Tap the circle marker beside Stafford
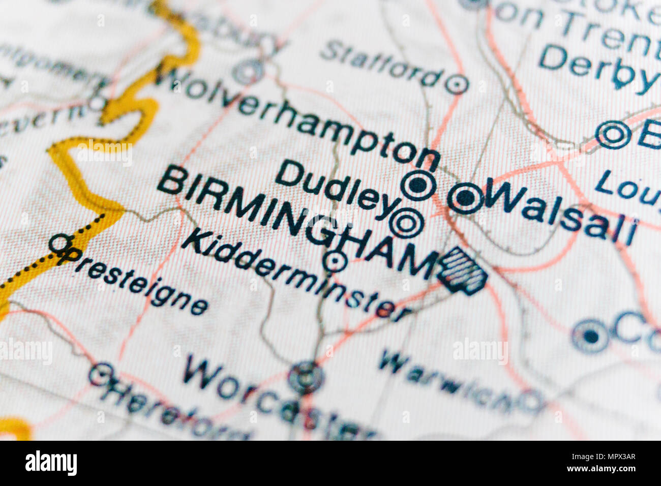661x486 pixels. click(x=457, y=84)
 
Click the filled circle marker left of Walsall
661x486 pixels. click(x=465, y=198)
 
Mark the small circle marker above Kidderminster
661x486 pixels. click(x=335, y=261)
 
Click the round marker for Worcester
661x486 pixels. click(x=306, y=377)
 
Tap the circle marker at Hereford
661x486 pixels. click(x=101, y=374)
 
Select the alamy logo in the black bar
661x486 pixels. click(x=51, y=463)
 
